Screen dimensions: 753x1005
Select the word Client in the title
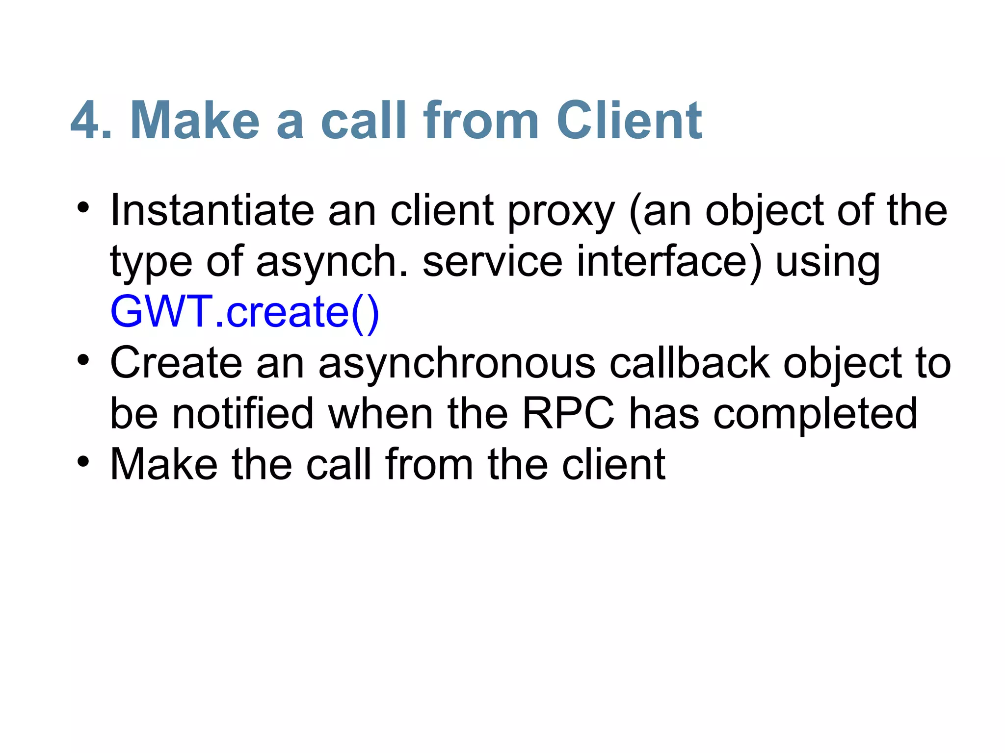(x=629, y=121)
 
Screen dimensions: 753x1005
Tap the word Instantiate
(x=212, y=211)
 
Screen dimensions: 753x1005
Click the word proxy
(x=560, y=212)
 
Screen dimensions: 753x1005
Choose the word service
(x=492, y=262)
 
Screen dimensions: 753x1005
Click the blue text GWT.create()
(x=244, y=312)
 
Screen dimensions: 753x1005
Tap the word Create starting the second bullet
(x=176, y=363)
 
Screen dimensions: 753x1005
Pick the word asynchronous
(x=457, y=364)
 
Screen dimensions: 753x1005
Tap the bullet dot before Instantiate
(x=83, y=208)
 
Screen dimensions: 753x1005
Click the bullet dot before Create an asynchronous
(x=83, y=360)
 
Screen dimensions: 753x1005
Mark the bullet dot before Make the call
(x=83, y=461)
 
